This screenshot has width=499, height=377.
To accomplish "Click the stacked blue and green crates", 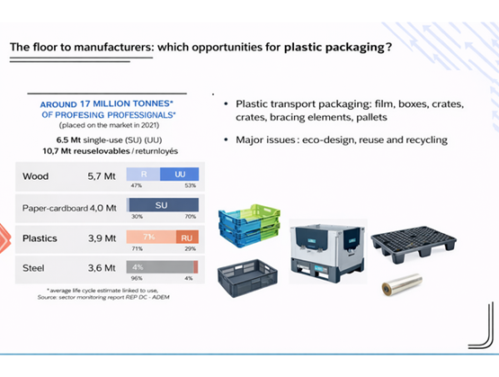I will pyautogui.click(x=243, y=223).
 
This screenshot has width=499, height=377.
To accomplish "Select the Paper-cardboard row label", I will pyautogui.click(x=54, y=208).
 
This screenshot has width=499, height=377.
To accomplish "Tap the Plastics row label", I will pyautogui.click(x=40, y=239).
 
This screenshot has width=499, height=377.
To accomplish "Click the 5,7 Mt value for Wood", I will pyautogui.click(x=103, y=176).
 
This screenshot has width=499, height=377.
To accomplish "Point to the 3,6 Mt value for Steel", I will pyautogui.click(x=103, y=269).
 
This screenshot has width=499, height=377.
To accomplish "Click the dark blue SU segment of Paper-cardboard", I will pyautogui.click(x=163, y=205).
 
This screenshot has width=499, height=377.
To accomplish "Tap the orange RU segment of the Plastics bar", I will pyautogui.click(x=185, y=237).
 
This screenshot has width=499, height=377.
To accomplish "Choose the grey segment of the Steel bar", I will pyautogui.click(x=160, y=267).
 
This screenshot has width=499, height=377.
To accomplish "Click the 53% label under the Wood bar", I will pyautogui.click(x=190, y=186).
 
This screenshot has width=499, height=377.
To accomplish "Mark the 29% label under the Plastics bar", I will pyautogui.click(x=191, y=247).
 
